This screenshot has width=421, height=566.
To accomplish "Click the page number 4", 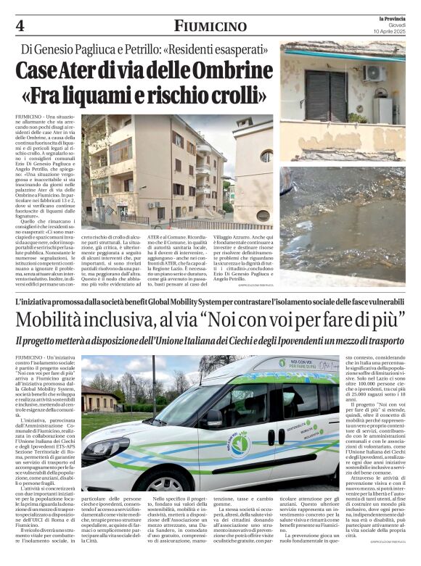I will [x=19, y=27].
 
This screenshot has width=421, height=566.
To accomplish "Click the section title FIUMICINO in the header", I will [x=210, y=27].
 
